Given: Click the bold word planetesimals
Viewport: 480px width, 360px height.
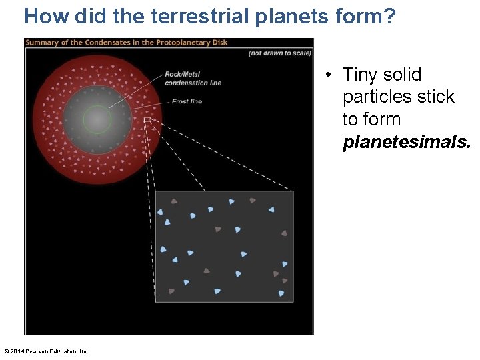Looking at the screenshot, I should (406, 142).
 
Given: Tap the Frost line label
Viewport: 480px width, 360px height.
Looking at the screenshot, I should (187, 101).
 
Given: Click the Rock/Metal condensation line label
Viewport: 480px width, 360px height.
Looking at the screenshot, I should (193, 78).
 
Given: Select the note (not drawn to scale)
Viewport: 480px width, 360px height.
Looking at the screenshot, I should (279, 53).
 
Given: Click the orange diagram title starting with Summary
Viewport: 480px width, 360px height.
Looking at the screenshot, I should (127, 43).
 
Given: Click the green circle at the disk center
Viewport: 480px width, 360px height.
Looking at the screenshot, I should (97, 120).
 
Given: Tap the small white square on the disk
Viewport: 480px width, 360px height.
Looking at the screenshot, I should (148, 121).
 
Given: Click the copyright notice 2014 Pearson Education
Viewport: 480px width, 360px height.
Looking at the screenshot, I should (47, 351).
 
